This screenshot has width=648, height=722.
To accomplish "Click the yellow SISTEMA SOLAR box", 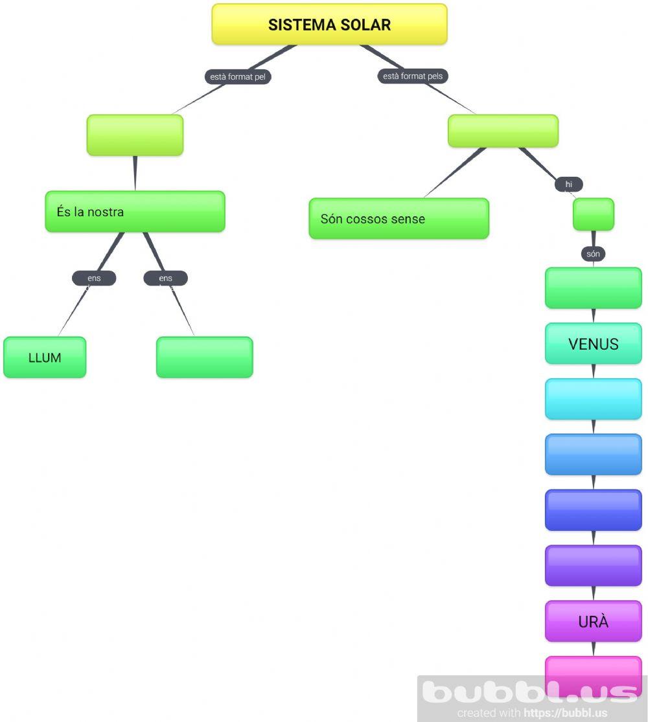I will [329, 25].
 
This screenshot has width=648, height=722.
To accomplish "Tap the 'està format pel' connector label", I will [238, 76].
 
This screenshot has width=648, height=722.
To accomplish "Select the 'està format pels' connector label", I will [413, 76].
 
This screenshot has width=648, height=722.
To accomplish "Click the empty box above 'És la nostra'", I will [135, 135].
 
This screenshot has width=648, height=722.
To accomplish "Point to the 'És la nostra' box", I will [135, 212].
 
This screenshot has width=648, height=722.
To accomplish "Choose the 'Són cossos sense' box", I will [399, 219].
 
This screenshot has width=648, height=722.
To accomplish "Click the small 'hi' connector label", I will [568, 185].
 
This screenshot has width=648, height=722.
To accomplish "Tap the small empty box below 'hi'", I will [593, 214].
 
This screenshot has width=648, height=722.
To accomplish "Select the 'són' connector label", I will [593, 254].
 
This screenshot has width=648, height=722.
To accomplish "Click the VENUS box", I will [593, 344].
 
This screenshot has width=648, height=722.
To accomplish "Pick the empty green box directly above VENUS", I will [593, 288].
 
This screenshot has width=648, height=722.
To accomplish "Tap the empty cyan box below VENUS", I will [593, 399].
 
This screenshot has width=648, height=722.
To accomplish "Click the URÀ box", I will [593, 622].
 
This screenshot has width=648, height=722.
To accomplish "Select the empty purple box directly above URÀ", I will [593, 565].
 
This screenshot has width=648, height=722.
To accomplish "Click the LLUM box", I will [45, 357].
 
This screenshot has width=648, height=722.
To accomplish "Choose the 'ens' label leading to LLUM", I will [94, 278].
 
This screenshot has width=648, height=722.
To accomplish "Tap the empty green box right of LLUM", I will [204, 357].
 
